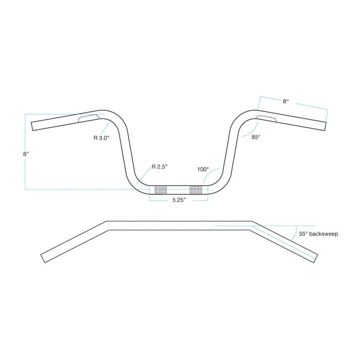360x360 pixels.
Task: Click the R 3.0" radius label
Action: click(x=101, y=138)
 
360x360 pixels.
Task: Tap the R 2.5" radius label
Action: click(x=160, y=167)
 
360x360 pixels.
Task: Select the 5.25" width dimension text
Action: click(x=179, y=200)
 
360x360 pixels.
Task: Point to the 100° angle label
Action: click(x=203, y=169)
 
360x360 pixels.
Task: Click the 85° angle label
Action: click(x=256, y=137)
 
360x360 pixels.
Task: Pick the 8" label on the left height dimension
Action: click(x=25, y=154)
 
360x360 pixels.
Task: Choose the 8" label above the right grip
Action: click(x=286, y=101)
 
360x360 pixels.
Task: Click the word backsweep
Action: click(x=324, y=234)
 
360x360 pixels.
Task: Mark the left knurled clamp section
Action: click(x=161, y=190)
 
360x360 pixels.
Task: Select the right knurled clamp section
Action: click(x=196, y=190)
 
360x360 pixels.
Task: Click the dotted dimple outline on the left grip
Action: click(x=89, y=118)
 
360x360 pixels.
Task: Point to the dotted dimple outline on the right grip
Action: click(x=267, y=118)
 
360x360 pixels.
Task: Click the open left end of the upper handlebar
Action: click(x=32, y=126)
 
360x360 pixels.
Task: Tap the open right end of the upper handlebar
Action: click(x=325, y=126)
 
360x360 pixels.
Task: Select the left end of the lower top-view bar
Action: click(x=43, y=259)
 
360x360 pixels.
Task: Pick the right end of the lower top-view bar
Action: click(x=316, y=259)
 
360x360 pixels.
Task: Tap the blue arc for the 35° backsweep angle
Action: click(x=295, y=233)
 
